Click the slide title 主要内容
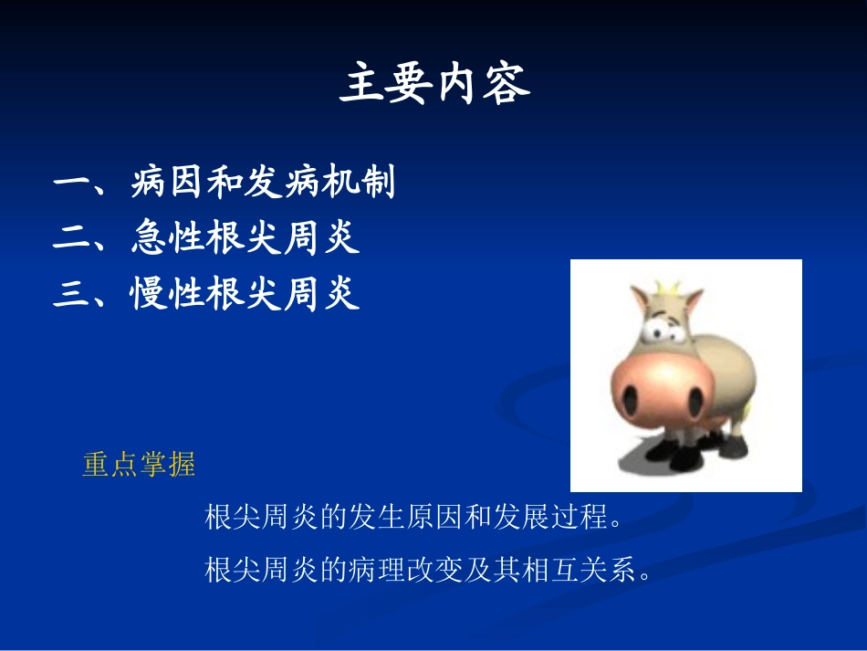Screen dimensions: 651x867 coord(434,85)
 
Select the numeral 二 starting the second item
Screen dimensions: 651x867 coord(69,239)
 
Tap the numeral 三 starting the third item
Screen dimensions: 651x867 coord(69,294)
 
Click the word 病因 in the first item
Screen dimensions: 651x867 coord(168,184)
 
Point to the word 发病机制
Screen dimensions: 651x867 coord(319,184)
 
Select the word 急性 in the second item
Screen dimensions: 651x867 coord(168,238)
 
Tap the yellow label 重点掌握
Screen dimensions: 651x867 coord(139,465)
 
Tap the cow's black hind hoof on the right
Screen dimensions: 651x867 coord(734,447)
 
